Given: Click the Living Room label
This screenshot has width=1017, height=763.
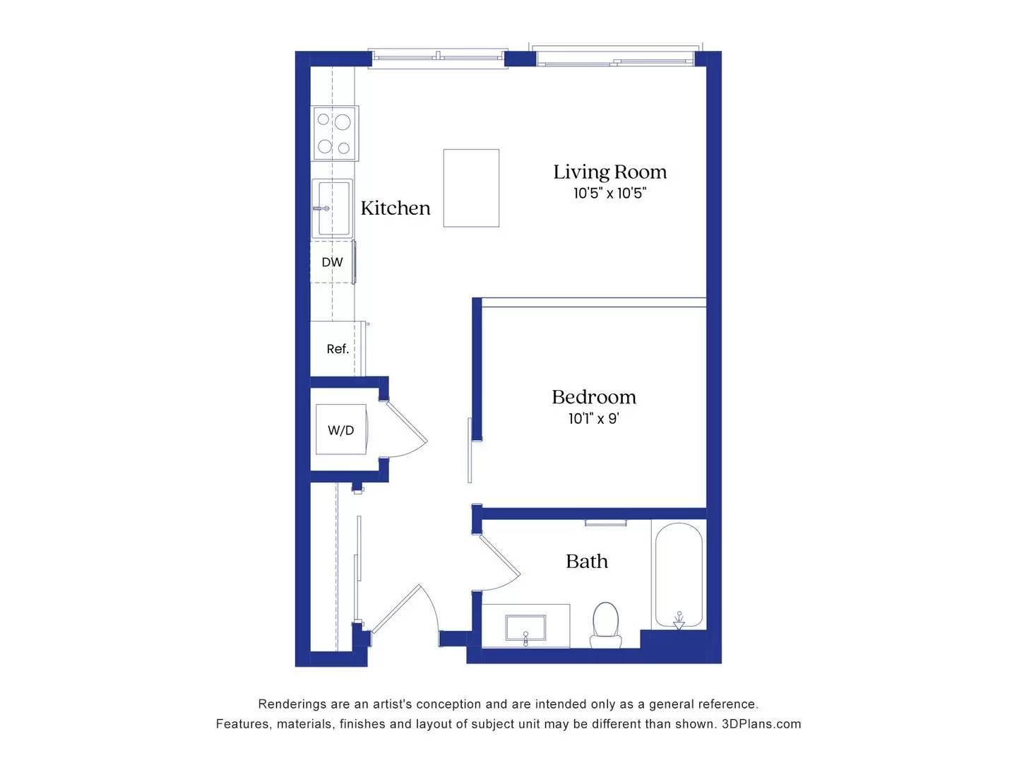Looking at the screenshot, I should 609,172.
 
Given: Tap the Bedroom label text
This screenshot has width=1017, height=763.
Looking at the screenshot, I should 593,397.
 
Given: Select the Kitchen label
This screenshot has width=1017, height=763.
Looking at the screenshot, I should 395,208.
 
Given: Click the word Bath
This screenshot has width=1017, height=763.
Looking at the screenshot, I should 586,562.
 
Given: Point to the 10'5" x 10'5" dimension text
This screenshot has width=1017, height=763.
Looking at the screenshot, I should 609,193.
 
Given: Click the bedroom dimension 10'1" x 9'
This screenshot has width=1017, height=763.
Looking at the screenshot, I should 593,418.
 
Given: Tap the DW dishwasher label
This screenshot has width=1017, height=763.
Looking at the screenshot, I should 332,262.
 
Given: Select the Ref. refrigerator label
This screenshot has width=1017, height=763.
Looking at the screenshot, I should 337,349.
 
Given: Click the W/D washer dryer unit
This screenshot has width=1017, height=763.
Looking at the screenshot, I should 340,430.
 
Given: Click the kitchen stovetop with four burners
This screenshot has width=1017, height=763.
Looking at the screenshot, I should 335,133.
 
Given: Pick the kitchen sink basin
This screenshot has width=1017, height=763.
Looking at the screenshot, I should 333,208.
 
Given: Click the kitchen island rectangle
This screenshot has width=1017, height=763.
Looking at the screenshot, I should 471,188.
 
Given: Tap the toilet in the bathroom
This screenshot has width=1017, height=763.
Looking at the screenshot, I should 605,625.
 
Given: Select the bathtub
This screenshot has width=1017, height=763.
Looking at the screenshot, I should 679,575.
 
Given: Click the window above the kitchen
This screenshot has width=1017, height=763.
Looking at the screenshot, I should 438,57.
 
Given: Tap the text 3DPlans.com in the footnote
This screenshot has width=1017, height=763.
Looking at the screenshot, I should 761,724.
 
